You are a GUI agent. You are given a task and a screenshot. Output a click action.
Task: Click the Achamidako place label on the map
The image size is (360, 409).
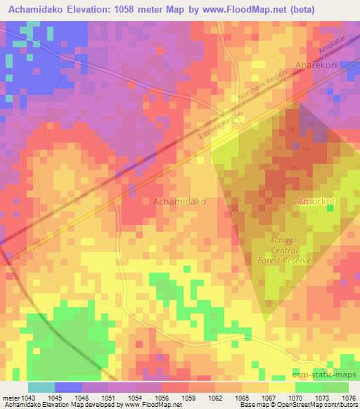(x=179, y=201)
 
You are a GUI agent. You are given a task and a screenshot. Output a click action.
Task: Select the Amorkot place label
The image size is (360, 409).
(x=320, y=201)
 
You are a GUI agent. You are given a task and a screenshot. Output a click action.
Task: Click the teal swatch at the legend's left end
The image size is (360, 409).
(x=41, y=387)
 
